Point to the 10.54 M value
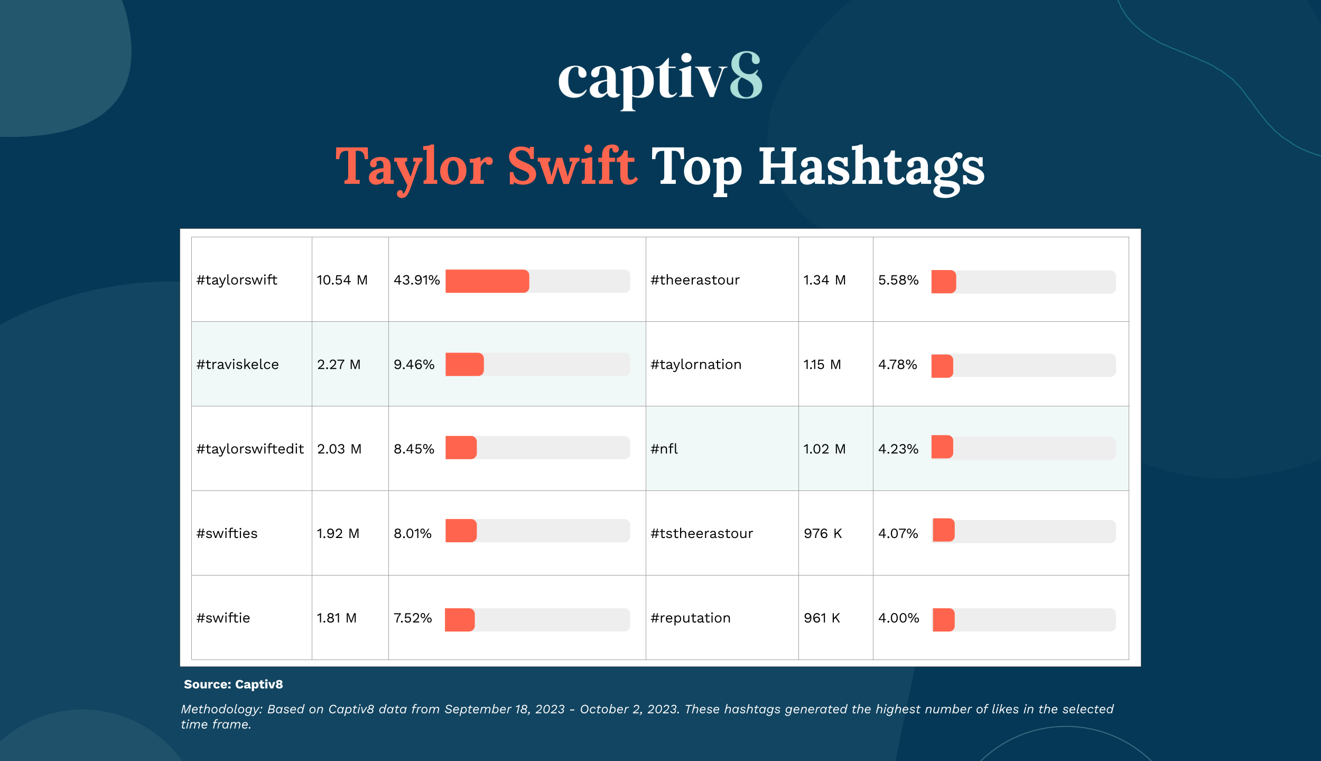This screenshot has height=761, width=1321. [342, 280]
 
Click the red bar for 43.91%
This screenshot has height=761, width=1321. [487, 281]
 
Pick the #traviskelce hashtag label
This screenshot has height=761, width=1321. [237, 364]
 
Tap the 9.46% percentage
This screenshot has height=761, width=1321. [414, 365]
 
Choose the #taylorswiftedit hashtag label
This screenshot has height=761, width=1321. [250, 449]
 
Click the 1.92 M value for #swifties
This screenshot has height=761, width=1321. [338, 534]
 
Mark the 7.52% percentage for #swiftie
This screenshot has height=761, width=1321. [413, 618]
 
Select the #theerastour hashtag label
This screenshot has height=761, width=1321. [695, 280]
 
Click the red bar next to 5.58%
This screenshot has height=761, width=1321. [944, 282]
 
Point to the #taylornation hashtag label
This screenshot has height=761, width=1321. [696, 365]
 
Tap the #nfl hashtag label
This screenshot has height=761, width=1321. [664, 449]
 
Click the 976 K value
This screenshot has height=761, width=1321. [823, 534]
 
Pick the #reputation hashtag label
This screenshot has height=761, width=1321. [691, 618]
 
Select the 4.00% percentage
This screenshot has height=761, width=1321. [899, 618]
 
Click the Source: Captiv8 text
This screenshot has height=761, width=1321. [233, 684]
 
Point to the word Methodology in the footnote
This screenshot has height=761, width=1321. [221, 710]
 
